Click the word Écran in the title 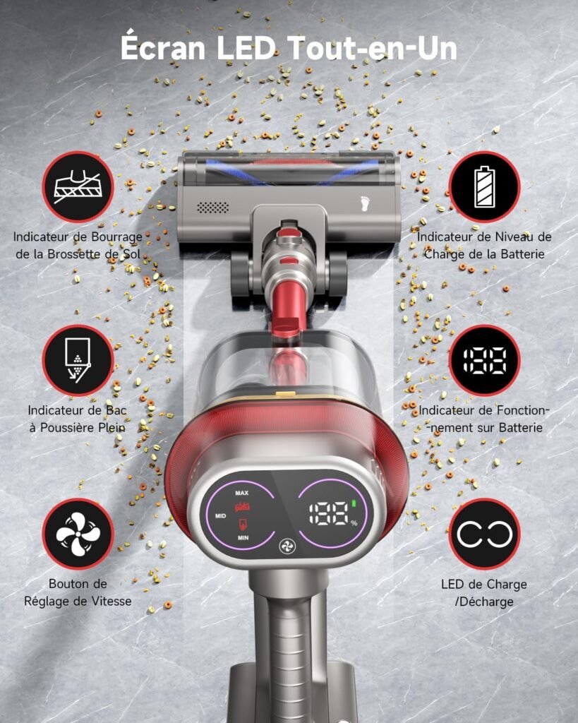click(163, 47)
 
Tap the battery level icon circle click(484, 186)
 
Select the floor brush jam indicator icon click(78, 186)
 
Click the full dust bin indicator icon click(78, 361)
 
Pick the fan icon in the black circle click(78, 534)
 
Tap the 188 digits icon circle click(484, 361)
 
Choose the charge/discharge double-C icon click(484, 534)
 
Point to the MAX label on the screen click(242, 493)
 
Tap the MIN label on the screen click(243, 537)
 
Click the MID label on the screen click(221, 516)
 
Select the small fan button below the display click(288, 547)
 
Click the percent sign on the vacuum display click(354, 523)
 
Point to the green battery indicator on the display click(354, 503)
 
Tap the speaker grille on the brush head click(213, 208)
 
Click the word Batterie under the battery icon click(523, 254)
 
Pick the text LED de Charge click(484, 584)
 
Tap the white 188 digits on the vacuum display click(329, 513)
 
